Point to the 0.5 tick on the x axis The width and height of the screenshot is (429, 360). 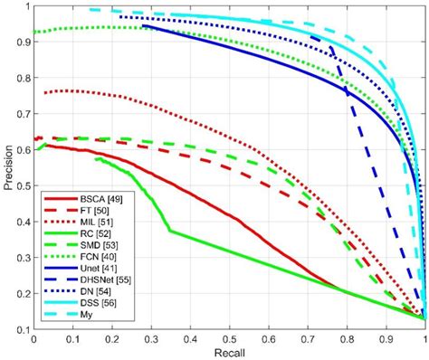(x=229, y=337)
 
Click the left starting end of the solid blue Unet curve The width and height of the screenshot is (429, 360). (x=143, y=25)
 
